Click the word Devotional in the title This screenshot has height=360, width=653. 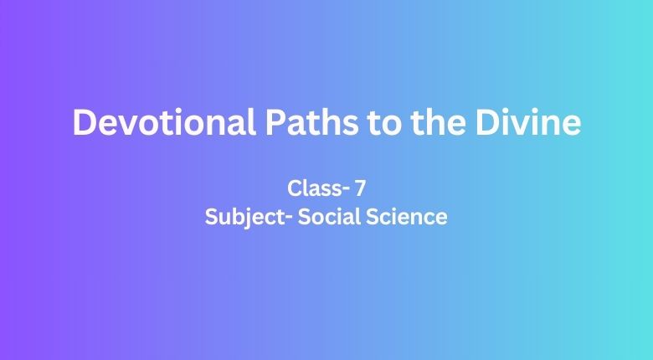point(164,122)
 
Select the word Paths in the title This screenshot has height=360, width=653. point(311,122)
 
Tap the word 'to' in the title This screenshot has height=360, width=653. point(383,124)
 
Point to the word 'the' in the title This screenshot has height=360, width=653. point(437,122)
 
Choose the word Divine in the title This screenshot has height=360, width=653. point(528,122)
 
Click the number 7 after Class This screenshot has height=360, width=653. point(360,188)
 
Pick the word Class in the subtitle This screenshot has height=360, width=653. point(314,188)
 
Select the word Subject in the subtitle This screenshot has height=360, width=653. point(246,218)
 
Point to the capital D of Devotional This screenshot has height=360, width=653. point(85,122)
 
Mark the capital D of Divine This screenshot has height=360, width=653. point(487,122)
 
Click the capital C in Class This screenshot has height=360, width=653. point(295,188)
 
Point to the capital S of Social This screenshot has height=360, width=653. point(305,217)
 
